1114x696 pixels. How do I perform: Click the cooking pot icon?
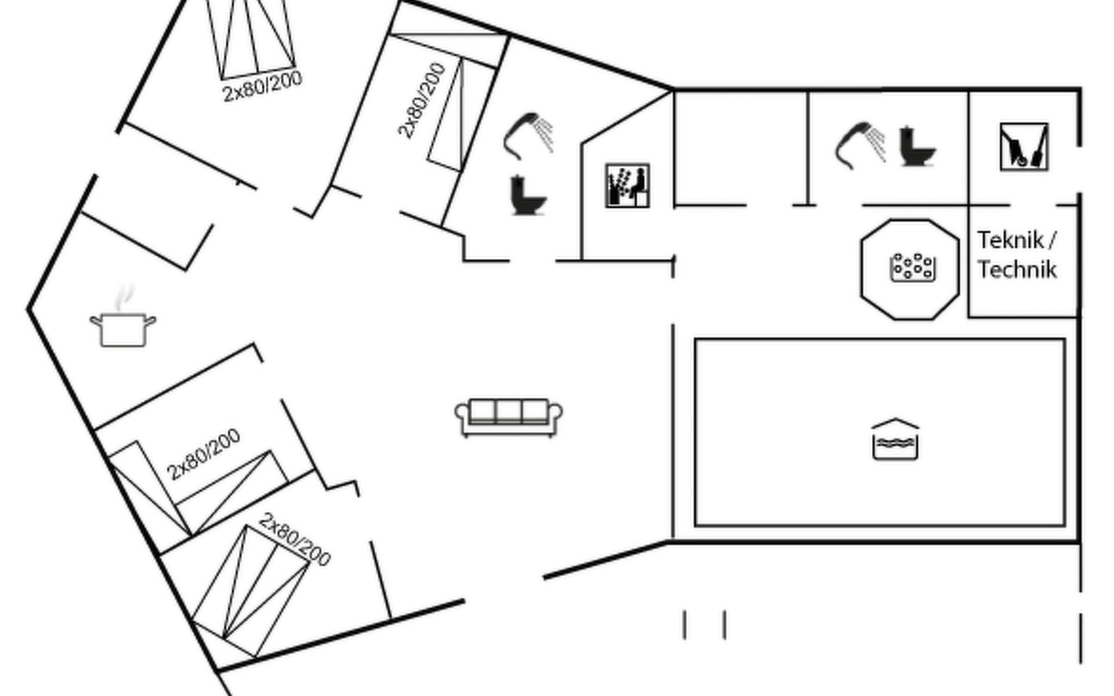tap(122, 330)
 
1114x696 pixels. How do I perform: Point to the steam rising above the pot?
tap(124, 296)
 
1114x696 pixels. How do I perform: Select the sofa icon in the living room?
tap(508, 416)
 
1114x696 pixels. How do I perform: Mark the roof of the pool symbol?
tap(895, 423)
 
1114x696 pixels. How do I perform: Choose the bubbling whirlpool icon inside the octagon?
tap(913, 267)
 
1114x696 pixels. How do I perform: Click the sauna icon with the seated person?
tap(627, 186)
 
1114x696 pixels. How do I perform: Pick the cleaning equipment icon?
tap(1023, 147)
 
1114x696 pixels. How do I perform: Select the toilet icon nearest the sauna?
tap(527, 195)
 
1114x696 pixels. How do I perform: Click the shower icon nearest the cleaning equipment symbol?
tap(860, 144)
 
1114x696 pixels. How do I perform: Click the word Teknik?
tap(1010, 240)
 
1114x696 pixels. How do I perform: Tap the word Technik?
tap(1017, 270)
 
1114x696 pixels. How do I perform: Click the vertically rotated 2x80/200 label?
tap(422, 100)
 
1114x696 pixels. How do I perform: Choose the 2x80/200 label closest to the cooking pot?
tap(204, 454)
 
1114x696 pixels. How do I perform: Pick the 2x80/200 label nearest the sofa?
tap(294, 539)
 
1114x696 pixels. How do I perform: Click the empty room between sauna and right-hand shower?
tap(740, 148)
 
